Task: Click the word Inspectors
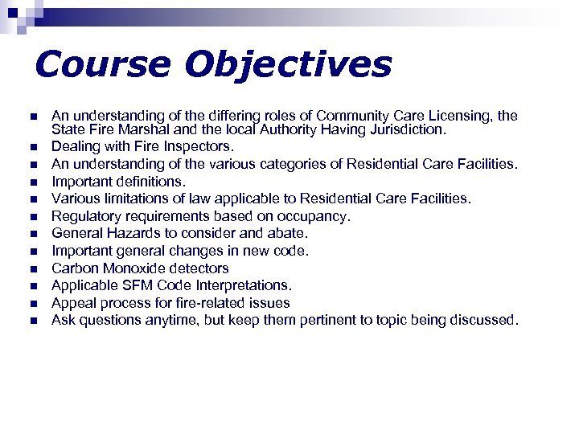pos(200,146)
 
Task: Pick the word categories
pos(276,164)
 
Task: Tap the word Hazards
pos(128,233)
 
